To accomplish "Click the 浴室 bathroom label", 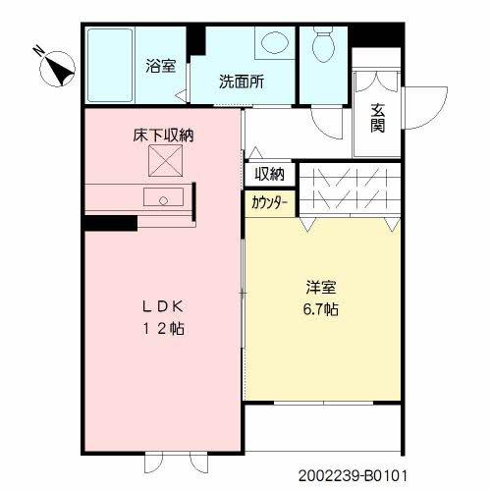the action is click(161, 66).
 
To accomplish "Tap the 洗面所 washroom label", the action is click(242, 82).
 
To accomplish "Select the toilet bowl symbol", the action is click(323, 43).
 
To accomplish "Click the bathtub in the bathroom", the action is click(110, 66).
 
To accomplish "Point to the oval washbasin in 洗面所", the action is click(275, 43).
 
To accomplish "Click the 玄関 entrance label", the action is click(377, 118).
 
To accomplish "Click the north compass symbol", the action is click(56, 67).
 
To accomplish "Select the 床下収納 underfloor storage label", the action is click(163, 136).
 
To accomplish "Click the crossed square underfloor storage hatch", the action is click(166, 161).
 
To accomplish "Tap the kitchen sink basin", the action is click(163, 196).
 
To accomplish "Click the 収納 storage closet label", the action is click(270, 174).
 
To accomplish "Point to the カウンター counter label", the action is click(269, 203).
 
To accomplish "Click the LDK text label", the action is click(163, 306).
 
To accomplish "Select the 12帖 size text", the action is click(163, 329).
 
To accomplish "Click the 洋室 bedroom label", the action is click(321, 287).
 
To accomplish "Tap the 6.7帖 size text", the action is click(321, 309).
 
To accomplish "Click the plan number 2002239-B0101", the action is click(353, 475).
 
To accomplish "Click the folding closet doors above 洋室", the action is click(351, 190).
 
